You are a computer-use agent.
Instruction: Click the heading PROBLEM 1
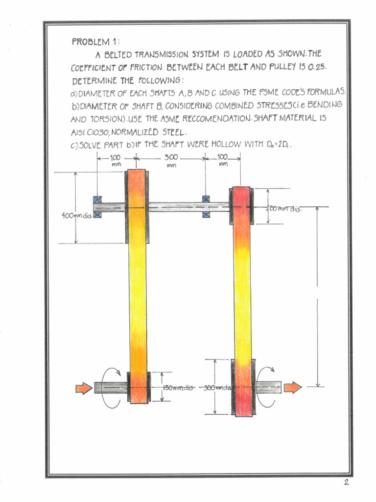tap(92, 42)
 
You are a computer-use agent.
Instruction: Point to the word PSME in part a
tap(269, 92)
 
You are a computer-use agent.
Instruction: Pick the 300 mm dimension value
tap(171, 158)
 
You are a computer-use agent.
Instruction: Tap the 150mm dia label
tap(178, 388)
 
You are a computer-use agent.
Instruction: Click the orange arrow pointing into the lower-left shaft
tap(84, 388)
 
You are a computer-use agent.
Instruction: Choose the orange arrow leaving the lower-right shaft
tap(293, 388)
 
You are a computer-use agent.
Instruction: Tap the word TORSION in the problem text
tap(106, 119)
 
